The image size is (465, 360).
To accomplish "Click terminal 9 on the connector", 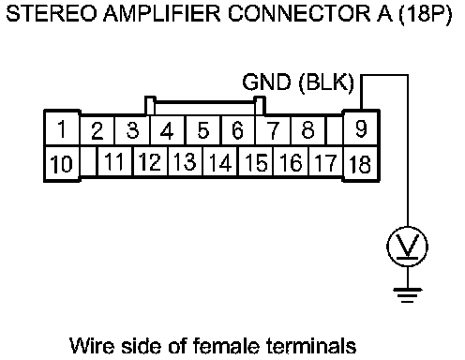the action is (x=361, y=128).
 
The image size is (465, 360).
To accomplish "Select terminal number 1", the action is (x=62, y=128).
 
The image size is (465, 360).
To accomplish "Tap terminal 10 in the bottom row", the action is (x=62, y=163).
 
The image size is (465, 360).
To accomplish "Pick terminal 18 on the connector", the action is (x=361, y=163).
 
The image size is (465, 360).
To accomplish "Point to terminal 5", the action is (x=203, y=130).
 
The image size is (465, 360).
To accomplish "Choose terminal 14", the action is (x=220, y=162).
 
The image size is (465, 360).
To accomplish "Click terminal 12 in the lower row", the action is (x=150, y=162).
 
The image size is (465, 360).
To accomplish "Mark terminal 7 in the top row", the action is (x=273, y=130).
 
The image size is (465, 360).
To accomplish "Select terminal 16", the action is (x=291, y=162).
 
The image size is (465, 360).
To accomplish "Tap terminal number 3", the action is (x=132, y=130).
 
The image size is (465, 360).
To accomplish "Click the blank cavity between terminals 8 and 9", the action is (x=334, y=130).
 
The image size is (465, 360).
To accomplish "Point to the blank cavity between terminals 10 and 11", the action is (x=89, y=162).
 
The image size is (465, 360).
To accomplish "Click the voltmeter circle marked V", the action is (x=407, y=247).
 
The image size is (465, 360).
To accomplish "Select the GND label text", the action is (x=266, y=82).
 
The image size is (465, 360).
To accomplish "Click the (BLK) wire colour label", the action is (x=326, y=83).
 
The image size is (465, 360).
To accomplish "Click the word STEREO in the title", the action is (x=52, y=14).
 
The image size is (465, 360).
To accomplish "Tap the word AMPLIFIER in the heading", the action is (x=162, y=14).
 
